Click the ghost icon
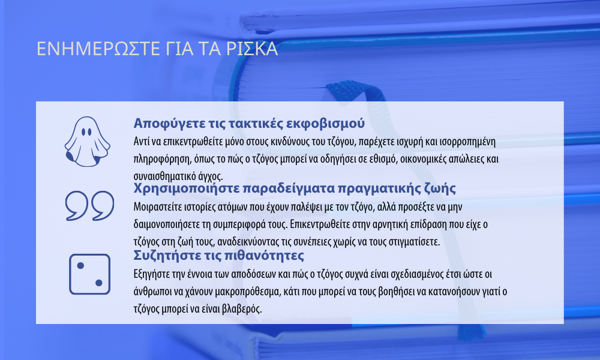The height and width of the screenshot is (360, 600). (x=87, y=142)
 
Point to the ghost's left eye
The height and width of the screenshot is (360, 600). (x=83, y=132)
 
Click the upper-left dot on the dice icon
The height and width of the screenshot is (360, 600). (x=80, y=266)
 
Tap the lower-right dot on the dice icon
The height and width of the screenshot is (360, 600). (x=99, y=283)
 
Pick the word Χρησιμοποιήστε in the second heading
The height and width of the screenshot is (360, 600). (x=186, y=188)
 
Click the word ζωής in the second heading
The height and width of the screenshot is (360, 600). (x=440, y=188)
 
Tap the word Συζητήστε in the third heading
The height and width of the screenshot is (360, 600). (x=164, y=255)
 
